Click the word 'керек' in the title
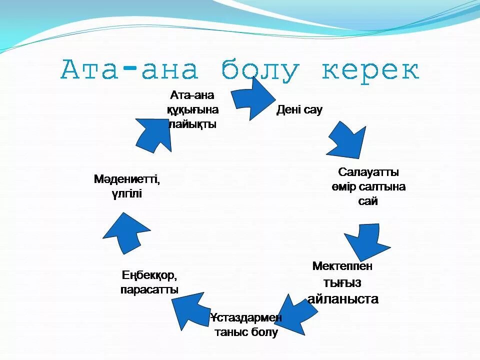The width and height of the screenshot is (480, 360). (370, 70)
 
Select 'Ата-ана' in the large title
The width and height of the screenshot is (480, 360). (129, 70)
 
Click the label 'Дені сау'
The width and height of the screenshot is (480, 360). (299, 110)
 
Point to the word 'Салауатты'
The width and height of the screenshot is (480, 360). (368, 172)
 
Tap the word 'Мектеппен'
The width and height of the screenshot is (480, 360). (342, 266)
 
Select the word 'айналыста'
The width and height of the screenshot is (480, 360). (343, 299)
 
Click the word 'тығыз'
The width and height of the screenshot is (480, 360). (342, 282)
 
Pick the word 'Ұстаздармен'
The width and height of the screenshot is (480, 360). (246, 317)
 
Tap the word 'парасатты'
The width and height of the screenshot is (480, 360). (149, 289)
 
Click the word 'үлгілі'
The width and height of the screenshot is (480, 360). (127, 193)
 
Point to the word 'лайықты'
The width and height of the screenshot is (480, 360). (192, 124)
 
